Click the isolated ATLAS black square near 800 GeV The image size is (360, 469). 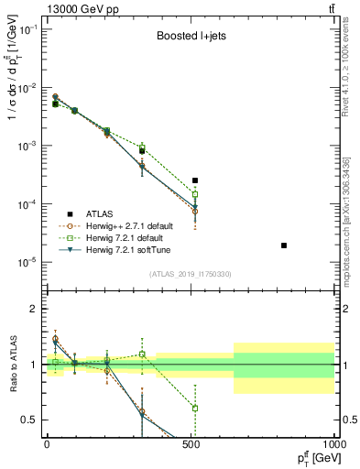coord(284,245)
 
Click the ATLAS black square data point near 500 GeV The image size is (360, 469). coord(195,180)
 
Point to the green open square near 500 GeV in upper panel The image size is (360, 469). coord(195,194)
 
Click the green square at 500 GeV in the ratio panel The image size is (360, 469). coord(195,408)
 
